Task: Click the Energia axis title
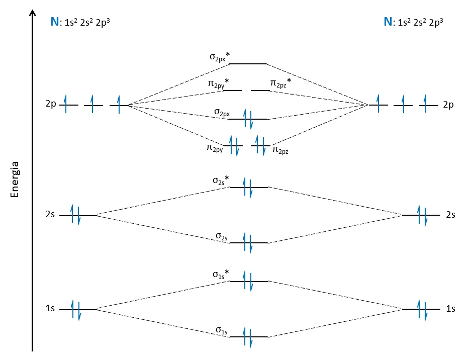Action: click(15, 179)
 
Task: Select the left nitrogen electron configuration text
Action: click(80, 22)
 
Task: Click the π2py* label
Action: click(219, 82)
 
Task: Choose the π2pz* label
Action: click(281, 83)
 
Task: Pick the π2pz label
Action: click(281, 149)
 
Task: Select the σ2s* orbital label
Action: click(220, 179)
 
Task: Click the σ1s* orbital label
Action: click(220, 274)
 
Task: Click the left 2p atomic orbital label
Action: click(50, 105)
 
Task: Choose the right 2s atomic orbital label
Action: click(450, 215)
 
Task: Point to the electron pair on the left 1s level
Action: click(75, 309)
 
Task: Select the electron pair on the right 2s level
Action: click(421, 215)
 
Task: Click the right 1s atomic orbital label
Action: click(450, 309)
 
